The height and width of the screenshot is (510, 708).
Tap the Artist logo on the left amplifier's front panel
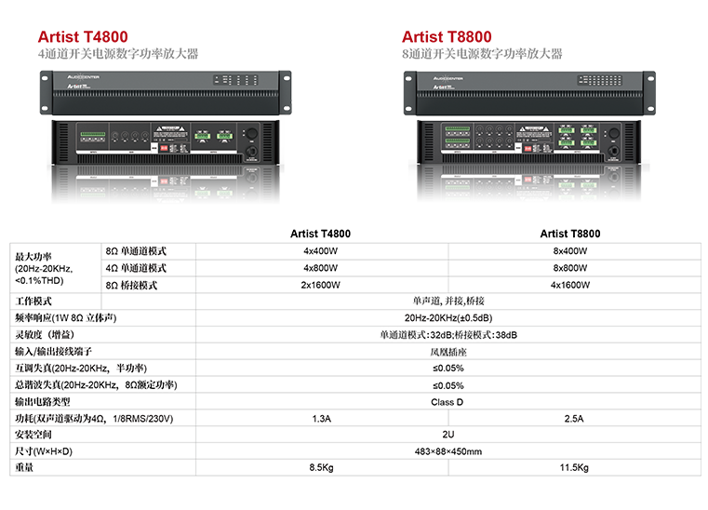point(77,87)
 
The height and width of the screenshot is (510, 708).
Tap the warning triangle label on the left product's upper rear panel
point(167,130)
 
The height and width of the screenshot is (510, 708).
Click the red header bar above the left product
point(74,39)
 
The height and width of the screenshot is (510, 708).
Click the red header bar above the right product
point(417,39)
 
